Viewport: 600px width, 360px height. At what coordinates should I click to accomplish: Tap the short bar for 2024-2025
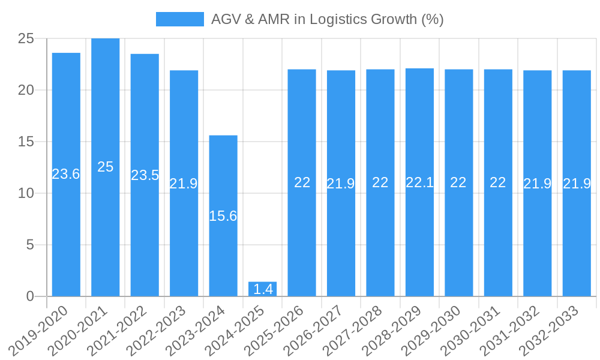tap(263, 289)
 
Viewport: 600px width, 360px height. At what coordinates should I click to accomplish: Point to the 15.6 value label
tap(223, 216)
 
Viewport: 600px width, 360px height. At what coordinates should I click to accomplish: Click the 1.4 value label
tap(263, 289)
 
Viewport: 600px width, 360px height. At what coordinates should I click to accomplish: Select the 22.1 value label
tap(419, 182)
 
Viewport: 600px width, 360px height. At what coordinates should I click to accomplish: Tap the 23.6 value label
tap(66, 174)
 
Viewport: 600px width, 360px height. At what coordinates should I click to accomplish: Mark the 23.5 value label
tap(145, 175)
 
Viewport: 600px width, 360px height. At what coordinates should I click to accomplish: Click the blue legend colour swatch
tap(179, 19)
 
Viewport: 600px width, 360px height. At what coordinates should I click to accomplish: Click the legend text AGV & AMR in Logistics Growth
tap(327, 19)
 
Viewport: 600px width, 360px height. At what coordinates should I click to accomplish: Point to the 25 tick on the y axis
tap(26, 39)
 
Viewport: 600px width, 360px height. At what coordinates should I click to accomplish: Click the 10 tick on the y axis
tap(26, 193)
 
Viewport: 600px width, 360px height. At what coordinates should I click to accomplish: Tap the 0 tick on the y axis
tap(31, 296)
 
